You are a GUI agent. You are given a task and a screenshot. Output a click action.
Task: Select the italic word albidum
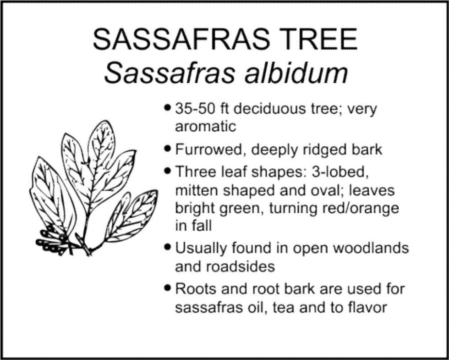(x=287, y=73)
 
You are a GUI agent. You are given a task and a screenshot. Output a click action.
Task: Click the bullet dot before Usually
(x=168, y=248)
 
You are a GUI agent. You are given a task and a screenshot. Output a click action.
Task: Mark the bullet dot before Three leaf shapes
(x=168, y=172)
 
